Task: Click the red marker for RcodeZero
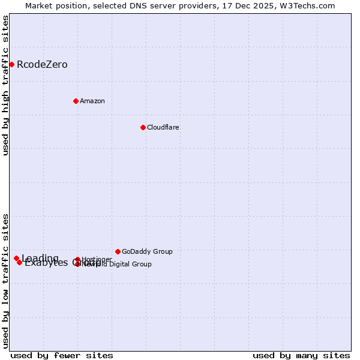(x=11, y=64)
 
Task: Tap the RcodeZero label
(x=42, y=65)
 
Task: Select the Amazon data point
(x=76, y=101)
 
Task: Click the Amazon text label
(x=92, y=101)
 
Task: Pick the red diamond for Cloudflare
(x=143, y=127)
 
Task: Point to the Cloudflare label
(x=163, y=127)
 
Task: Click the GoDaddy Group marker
(x=118, y=251)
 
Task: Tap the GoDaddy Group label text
(x=147, y=251)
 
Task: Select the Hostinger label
(x=97, y=259)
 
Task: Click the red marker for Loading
(x=16, y=258)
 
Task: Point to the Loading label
(x=40, y=259)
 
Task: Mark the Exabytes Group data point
(x=19, y=262)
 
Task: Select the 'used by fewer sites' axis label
(x=62, y=355)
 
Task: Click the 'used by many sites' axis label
(x=301, y=355)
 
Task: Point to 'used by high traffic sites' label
(x=5, y=85)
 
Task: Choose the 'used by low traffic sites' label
(x=5, y=280)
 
